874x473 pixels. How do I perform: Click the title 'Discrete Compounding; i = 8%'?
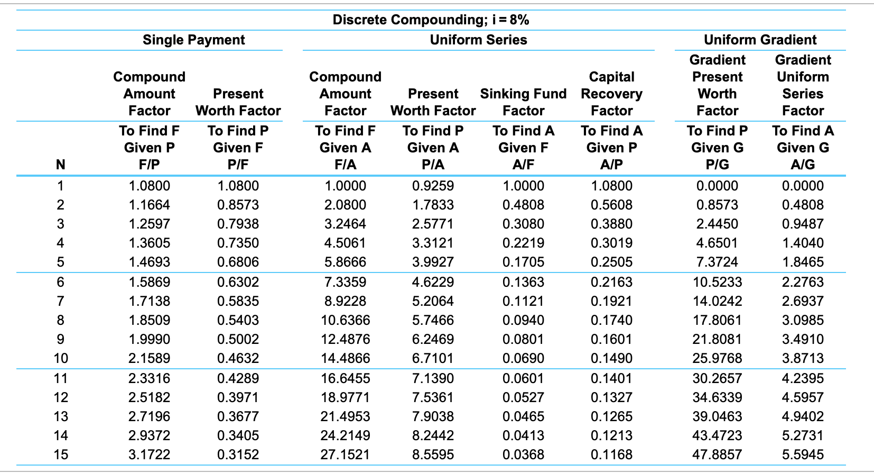tap(431, 20)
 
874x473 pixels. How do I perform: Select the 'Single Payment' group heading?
tap(194, 40)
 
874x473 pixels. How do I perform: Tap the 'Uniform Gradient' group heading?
tap(760, 40)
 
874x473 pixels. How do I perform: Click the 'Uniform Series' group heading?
tap(478, 40)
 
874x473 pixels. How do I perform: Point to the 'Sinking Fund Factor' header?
tap(523, 102)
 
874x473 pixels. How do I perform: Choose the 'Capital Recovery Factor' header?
tap(611, 94)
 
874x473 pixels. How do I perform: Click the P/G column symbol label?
tap(717, 165)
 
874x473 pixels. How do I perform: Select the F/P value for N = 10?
tap(150, 358)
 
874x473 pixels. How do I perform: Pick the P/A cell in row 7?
tap(433, 301)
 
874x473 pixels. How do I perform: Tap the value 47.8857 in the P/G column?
tap(717, 454)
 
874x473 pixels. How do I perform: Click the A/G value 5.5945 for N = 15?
tap(803, 454)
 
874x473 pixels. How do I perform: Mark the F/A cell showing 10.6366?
tap(346, 320)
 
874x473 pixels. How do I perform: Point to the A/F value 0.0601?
tap(523, 378)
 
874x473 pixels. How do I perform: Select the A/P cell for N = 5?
tap(611, 262)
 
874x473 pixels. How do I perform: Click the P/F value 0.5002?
tap(238, 339)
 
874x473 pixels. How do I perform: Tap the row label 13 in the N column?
tap(61, 416)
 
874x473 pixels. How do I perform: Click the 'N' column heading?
tap(61, 165)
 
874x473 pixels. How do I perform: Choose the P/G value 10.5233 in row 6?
tap(717, 282)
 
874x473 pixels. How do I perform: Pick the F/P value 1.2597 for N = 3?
tap(150, 224)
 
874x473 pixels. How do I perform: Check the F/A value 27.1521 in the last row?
tap(346, 454)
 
